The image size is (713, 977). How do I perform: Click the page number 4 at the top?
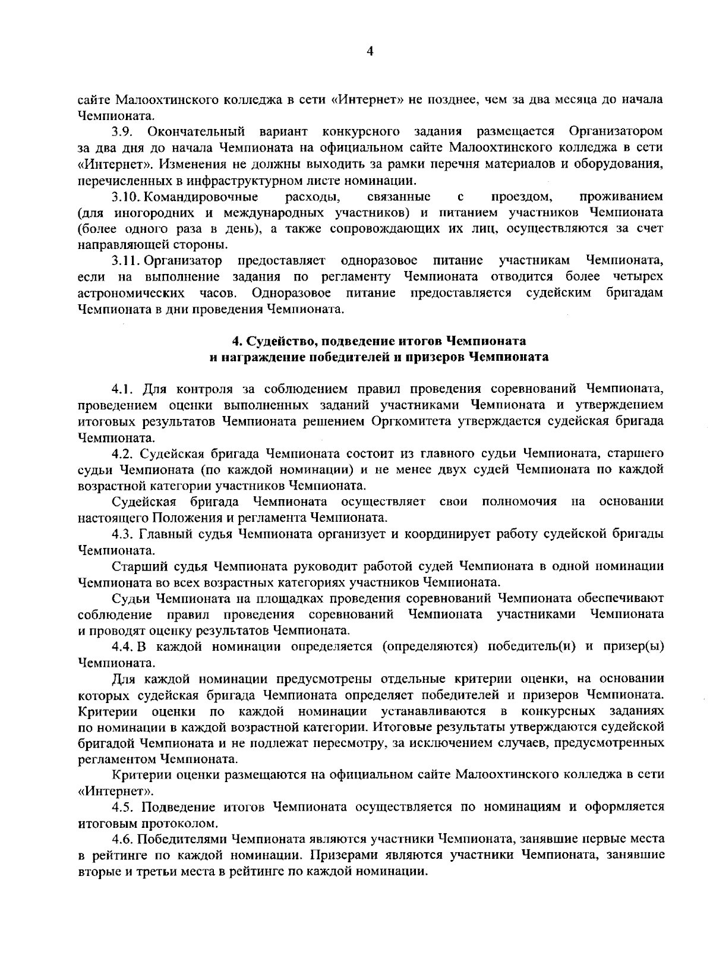pos(370,52)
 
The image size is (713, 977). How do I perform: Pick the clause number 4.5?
pos(122,808)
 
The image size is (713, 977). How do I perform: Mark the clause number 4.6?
pos(122,840)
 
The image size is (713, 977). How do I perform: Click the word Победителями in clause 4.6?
pos(182,840)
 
